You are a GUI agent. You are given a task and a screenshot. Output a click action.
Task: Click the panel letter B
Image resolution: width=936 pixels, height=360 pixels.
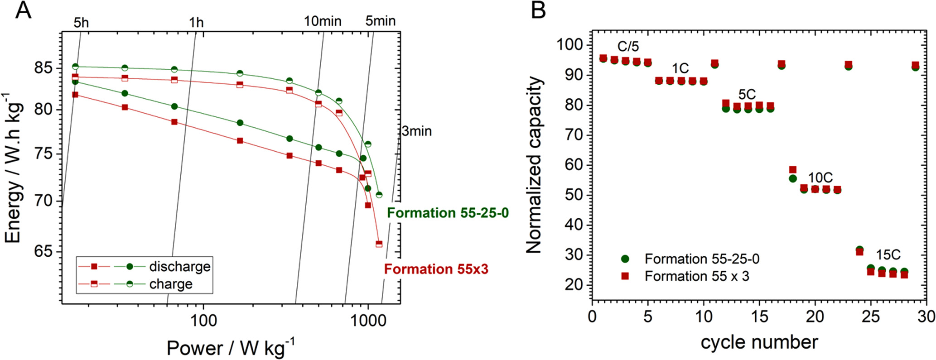pos(538,10)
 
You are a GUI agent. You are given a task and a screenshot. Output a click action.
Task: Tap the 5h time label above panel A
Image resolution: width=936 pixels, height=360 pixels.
pos(81,22)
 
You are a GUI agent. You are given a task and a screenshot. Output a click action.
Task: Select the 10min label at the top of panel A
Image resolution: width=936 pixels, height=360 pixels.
pos(322,21)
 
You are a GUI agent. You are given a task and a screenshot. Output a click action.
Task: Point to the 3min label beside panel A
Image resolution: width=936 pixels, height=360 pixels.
pos(417,132)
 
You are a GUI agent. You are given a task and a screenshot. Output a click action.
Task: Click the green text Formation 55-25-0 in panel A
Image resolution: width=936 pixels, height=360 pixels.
pos(448,213)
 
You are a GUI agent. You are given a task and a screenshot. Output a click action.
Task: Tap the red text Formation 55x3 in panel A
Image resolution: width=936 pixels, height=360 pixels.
pos(436,269)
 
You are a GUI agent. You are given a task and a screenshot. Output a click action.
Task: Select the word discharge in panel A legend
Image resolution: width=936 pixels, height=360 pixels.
pos(179,266)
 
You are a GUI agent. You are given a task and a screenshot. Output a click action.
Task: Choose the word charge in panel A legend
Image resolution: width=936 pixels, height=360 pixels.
pos(171,284)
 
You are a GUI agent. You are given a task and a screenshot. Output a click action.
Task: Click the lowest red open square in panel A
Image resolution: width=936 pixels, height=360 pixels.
pos(379,244)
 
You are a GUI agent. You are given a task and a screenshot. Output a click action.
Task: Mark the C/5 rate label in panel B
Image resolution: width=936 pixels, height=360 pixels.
pos(628,46)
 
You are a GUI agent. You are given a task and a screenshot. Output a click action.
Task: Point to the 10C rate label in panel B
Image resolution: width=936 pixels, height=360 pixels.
pos(820,178)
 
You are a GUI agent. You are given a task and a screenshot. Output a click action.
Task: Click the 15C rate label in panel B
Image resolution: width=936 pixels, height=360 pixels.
pos(888,255)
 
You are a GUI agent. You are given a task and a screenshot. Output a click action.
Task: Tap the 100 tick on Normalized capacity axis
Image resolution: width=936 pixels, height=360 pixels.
pos(570,45)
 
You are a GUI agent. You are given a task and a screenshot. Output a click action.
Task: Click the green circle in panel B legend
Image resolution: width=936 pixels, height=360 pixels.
pos(625,259)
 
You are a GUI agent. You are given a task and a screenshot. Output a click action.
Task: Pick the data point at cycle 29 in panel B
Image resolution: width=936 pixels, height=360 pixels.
pos(915,66)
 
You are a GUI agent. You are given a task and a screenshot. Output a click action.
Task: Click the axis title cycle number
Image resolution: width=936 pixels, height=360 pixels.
pos(759,342)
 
